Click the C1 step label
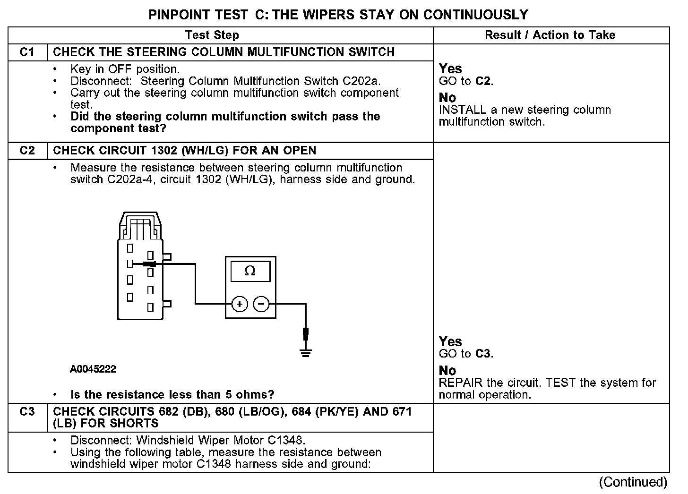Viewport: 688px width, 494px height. [x=27, y=52]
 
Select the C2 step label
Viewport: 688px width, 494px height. [x=27, y=151]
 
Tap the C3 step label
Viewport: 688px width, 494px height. [x=27, y=412]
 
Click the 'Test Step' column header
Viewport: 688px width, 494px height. [x=212, y=35]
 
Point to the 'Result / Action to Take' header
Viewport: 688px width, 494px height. [x=550, y=35]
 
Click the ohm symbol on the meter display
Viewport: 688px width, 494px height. [x=250, y=271]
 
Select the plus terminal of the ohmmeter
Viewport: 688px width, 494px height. [x=240, y=304]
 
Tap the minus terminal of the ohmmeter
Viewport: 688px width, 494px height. [x=261, y=304]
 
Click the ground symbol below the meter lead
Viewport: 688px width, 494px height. [x=306, y=352]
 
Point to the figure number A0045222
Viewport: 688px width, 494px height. [x=93, y=369]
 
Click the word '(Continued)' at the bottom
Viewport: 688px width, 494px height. [x=633, y=482]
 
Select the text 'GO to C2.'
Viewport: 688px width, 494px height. [x=466, y=81]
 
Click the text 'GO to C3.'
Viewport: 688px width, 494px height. [x=466, y=354]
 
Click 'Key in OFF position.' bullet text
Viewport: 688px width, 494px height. [x=125, y=69]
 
